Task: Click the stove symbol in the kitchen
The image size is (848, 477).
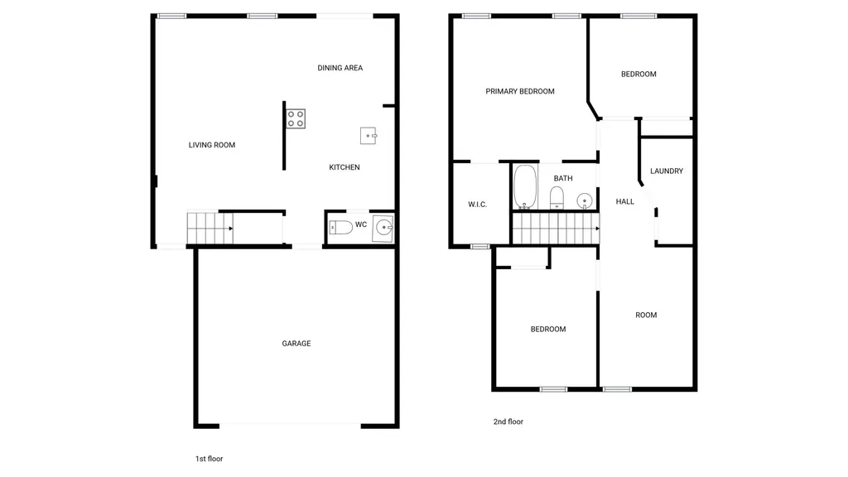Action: click(296, 119)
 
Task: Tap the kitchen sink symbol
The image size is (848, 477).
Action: click(369, 136)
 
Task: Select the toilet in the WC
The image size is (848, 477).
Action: click(340, 227)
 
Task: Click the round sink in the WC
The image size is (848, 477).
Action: click(383, 228)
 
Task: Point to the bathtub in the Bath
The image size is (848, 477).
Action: click(525, 186)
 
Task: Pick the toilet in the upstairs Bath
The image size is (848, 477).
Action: click(556, 198)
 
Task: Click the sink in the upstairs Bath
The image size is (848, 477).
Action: click(584, 200)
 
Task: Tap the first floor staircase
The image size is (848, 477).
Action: click(210, 229)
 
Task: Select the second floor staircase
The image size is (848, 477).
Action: click(556, 229)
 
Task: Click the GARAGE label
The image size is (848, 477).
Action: click(296, 344)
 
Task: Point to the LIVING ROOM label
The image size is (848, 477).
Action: click(212, 145)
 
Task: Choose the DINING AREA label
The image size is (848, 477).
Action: click(340, 68)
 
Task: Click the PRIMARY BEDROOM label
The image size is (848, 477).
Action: click(520, 91)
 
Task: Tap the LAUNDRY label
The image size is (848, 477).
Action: click(667, 171)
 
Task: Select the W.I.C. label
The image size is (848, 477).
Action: click(478, 205)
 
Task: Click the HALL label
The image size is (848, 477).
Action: click(624, 202)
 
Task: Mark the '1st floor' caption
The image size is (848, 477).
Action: click(210, 459)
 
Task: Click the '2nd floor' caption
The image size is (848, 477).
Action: click(508, 422)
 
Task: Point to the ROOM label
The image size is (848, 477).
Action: click(646, 315)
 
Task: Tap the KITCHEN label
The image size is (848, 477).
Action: click(344, 167)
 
